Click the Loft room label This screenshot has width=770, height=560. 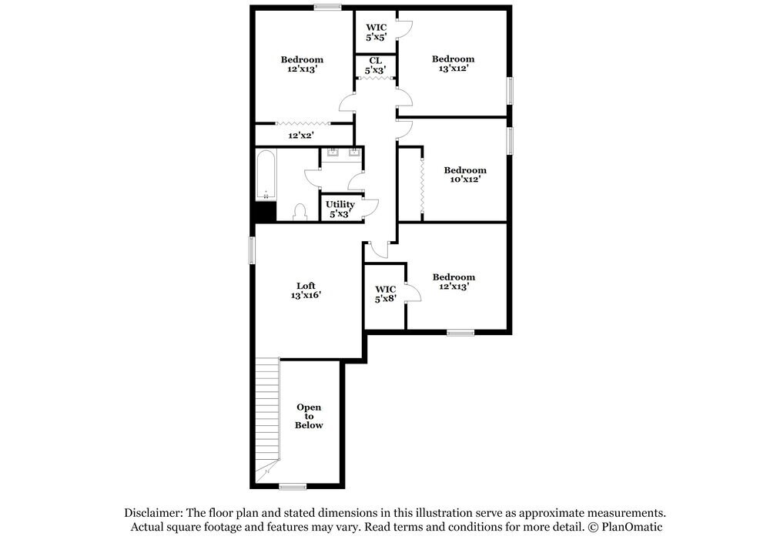coord(306,285)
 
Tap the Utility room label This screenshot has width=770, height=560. coord(340,204)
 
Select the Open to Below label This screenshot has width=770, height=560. coord(309,416)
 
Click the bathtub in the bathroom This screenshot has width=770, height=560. coord(265,173)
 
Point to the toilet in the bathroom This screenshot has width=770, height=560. coord(300,212)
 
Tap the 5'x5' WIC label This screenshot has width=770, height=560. coord(376,32)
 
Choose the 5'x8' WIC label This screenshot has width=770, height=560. coord(385,293)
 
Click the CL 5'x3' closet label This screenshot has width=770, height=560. coord(375,65)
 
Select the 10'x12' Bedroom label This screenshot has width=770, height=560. coord(464,175)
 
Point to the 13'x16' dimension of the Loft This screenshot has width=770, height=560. coord(306,295)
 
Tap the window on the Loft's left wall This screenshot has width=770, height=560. coord(252,250)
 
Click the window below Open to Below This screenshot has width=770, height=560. coord(293,486)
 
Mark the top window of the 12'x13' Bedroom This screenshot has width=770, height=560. coord(327,8)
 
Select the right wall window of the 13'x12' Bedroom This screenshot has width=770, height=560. coord(509,90)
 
